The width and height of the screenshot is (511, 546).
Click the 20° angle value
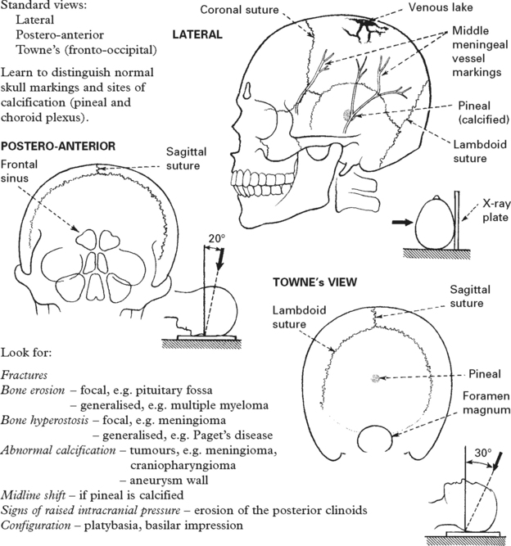pyautogui.click(x=215, y=239)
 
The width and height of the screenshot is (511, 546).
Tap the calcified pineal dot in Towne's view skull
pyautogui.click(x=376, y=377)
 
